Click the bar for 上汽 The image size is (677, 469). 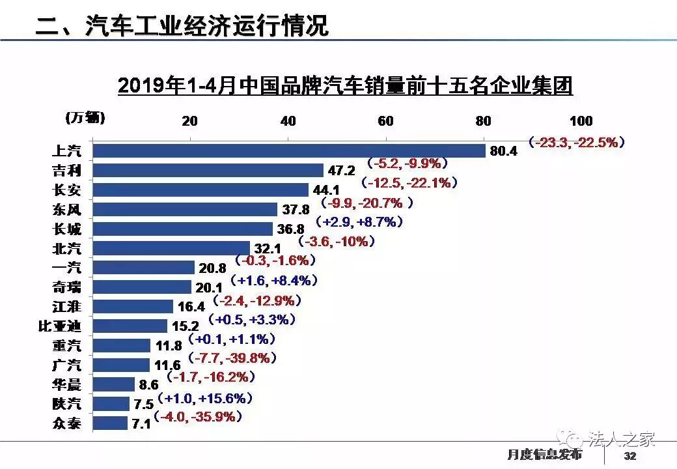(290, 150)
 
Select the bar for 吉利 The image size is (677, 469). (208, 170)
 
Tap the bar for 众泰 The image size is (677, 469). (111, 423)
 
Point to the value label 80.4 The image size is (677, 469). (503, 151)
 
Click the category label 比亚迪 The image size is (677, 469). (60, 326)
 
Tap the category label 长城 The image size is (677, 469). (66, 229)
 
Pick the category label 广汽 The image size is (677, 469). (66, 365)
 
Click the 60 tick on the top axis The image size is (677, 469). (385, 121)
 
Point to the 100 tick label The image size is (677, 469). (581, 121)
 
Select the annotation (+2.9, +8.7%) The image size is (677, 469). (358, 222)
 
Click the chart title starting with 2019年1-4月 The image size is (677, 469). (345, 85)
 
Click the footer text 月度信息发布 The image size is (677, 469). (544, 454)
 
